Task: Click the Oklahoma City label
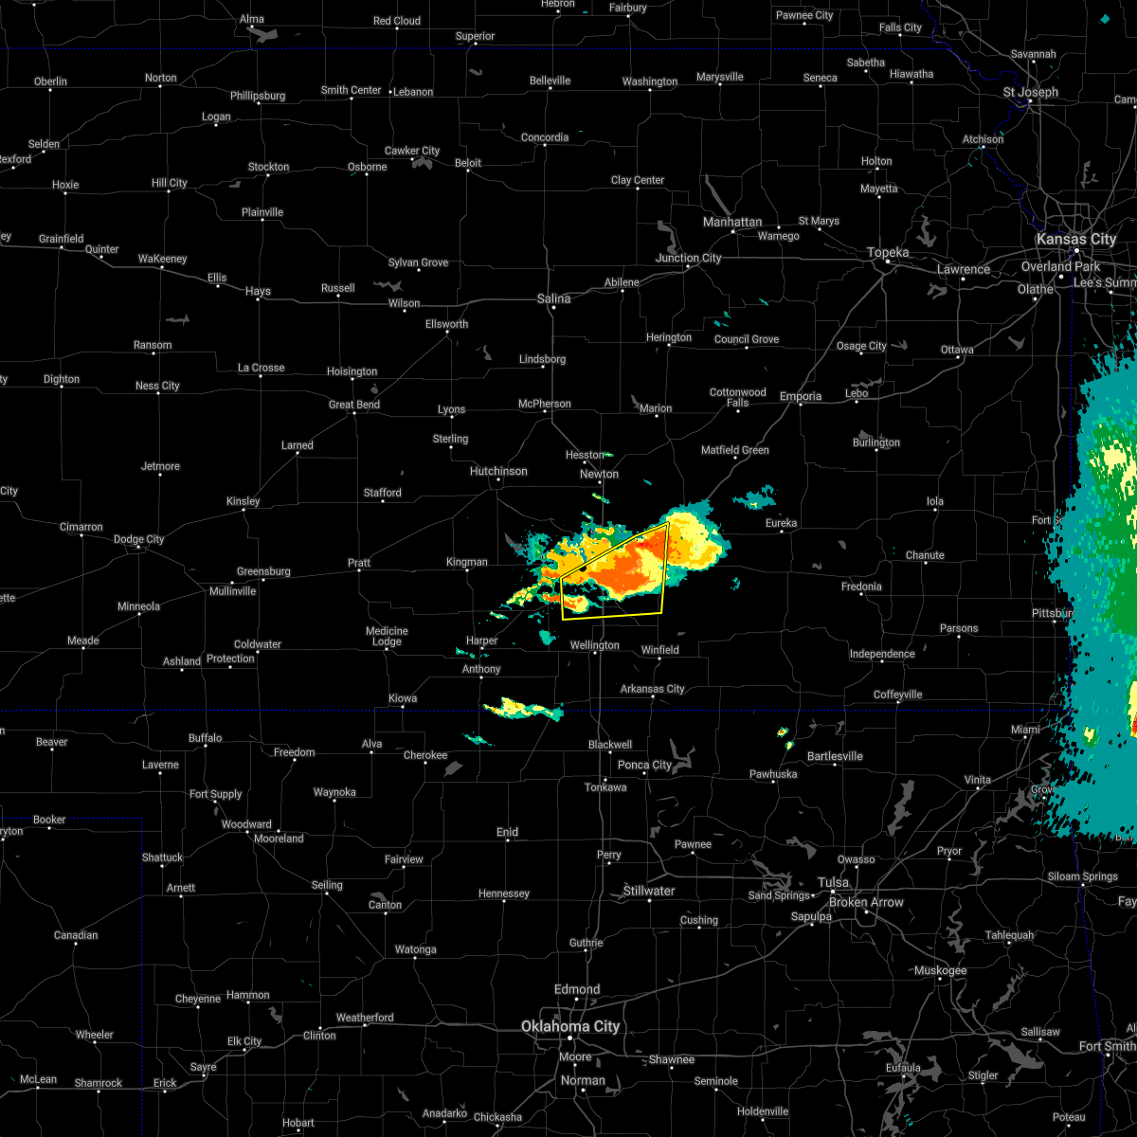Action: tap(569, 1026)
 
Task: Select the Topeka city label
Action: tap(888, 252)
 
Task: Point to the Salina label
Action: tap(553, 298)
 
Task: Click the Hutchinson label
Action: tap(498, 471)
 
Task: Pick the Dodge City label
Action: tap(139, 539)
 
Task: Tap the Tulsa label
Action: tap(834, 882)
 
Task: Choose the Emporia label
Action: tap(801, 396)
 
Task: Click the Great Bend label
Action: tap(354, 405)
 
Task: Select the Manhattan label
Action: tap(732, 222)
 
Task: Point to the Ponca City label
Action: tap(644, 765)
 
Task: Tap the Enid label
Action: tap(507, 832)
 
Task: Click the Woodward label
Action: tap(246, 824)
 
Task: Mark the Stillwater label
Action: tap(649, 891)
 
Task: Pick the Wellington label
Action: tap(594, 645)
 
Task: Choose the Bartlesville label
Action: tap(835, 756)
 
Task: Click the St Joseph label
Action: tap(1031, 92)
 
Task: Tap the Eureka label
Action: tap(781, 523)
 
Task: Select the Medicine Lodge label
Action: tap(387, 636)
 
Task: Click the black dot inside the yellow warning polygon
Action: tap(585, 567)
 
